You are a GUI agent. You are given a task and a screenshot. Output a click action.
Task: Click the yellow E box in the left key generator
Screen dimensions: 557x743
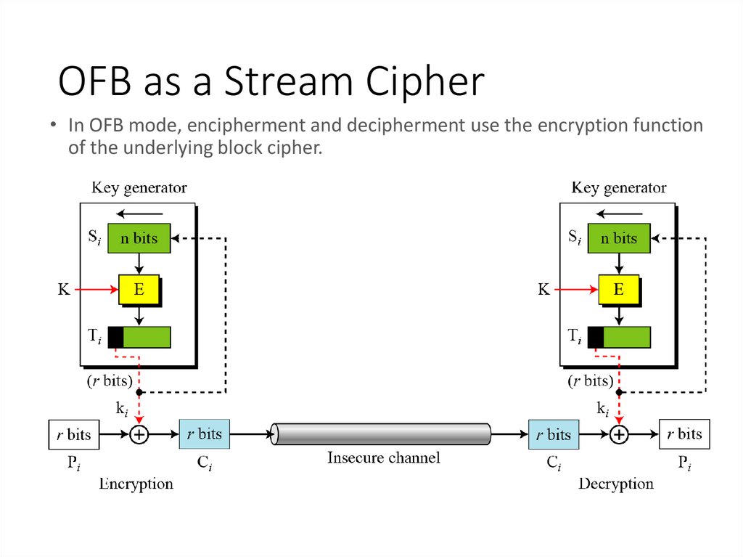(139, 290)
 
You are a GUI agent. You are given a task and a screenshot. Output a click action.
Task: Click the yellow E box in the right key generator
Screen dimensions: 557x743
(619, 290)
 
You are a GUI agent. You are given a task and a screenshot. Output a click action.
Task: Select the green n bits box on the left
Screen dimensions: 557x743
(139, 238)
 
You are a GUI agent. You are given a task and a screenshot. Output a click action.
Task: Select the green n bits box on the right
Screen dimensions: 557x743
(619, 238)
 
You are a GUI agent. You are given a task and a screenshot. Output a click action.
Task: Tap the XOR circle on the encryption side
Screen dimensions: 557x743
(139, 435)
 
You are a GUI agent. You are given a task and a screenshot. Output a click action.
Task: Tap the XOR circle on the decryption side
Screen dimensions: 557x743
(619, 435)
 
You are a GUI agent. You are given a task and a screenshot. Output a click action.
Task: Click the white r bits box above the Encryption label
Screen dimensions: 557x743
(73, 435)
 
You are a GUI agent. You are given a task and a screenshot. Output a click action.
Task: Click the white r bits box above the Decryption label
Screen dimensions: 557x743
(684, 434)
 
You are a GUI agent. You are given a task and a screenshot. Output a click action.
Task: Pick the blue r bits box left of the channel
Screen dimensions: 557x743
(204, 434)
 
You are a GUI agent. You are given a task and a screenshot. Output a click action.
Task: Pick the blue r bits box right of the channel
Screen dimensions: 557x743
(554, 435)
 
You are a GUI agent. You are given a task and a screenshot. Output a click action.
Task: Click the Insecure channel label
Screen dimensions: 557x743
(383, 458)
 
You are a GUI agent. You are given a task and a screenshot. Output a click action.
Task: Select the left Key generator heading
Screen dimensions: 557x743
(139, 188)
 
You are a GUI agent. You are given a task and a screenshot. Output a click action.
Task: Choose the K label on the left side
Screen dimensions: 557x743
(64, 290)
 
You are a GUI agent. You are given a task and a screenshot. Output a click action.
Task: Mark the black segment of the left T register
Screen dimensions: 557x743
(115, 337)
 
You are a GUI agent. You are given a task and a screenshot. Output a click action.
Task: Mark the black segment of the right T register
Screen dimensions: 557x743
(596, 337)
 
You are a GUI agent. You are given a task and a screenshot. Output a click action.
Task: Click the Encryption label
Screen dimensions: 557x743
(136, 484)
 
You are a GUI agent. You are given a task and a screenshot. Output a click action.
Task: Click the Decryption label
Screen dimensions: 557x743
(616, 484)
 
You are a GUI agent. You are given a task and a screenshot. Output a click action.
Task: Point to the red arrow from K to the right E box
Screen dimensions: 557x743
(577, 290)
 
